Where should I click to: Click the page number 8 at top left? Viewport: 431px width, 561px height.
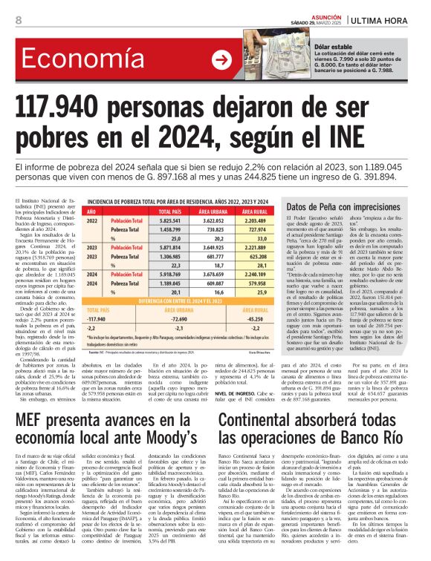pos(17,20)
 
